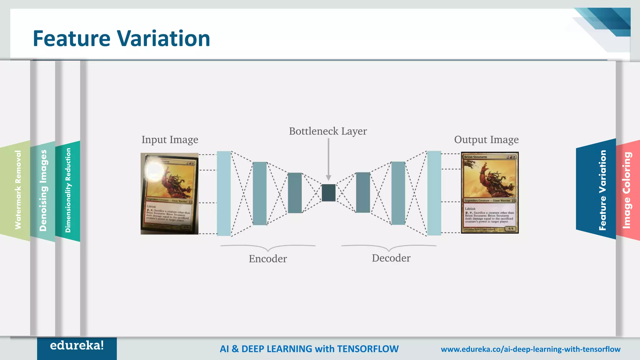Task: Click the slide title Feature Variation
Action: (x=121, y=38)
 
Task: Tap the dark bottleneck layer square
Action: (x=328, y=193)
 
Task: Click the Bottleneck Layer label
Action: (x=328, y=131)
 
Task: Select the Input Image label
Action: (x=170, y=140)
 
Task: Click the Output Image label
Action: (x=486, y=140)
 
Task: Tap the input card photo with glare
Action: (x=169, y=193)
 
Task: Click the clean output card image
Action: (x=490, y=192)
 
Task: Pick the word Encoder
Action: (x=268, y=259)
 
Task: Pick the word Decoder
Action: (x=391, y=258)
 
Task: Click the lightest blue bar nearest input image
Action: (x=224, y=193)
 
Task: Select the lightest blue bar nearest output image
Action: (x=434, y=193)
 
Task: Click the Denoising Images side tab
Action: (x=43, y=191)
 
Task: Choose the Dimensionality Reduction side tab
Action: (x=68, y=191)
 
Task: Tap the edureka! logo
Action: (x=77, y=346)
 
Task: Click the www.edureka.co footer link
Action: (x=530, y=349)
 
